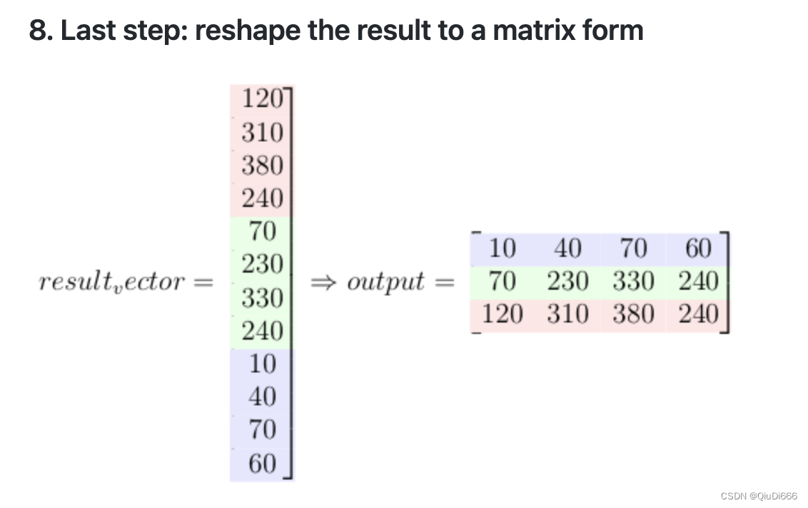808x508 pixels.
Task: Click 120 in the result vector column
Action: coord(262,98)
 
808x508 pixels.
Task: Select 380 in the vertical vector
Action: coord(262,166)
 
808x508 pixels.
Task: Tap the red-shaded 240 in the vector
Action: coord(262,198)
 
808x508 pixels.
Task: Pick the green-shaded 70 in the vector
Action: coord(262,231)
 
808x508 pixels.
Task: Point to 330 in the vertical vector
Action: coord(262,298)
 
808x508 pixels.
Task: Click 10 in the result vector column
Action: coord(262,364)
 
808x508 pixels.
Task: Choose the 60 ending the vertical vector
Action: coord(262,464)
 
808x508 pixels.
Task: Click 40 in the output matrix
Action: coord(567,248)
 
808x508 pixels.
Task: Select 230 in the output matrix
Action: coord(567,281)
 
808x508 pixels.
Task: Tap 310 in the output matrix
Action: coord(567,314)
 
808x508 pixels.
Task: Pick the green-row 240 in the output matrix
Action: coord(697,281)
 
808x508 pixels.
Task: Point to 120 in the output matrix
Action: coord(503,314)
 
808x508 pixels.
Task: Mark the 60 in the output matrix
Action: coord(697,248)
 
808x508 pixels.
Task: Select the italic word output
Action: coord(385,283)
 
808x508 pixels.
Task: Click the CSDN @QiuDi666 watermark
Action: coord(759,496)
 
